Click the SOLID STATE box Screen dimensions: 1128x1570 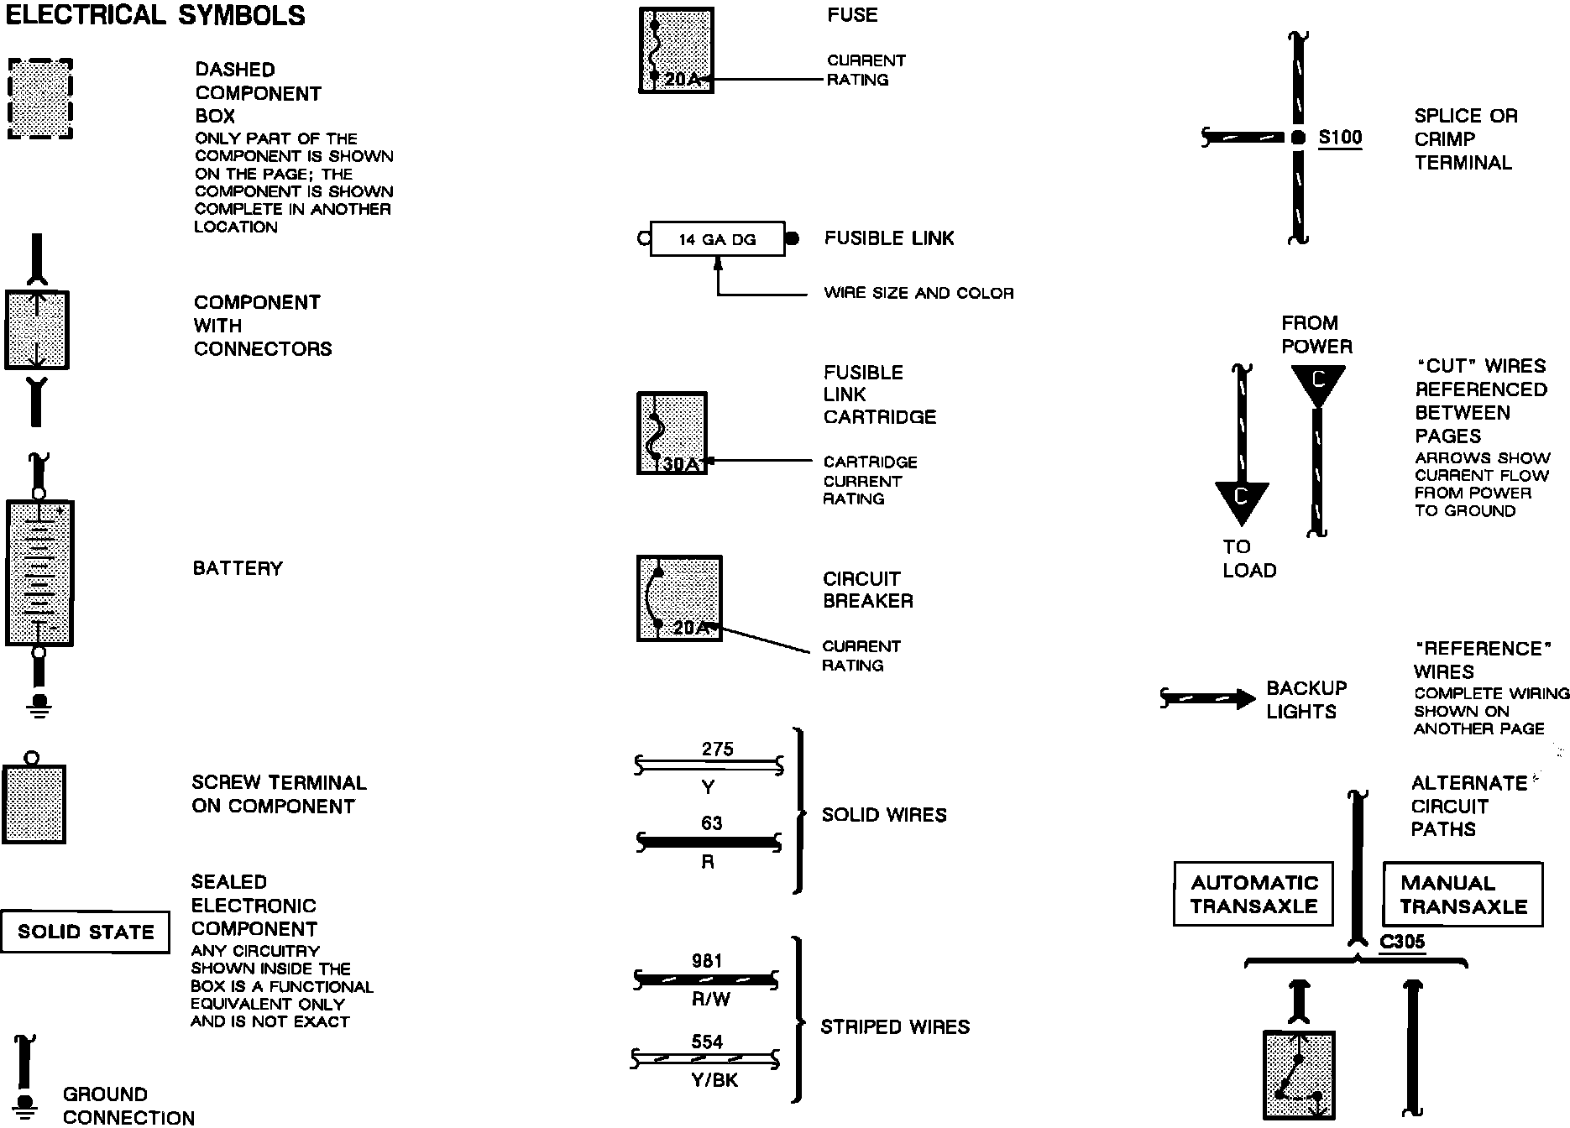pos(85,932)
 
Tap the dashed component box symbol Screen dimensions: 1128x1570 pos(39,99)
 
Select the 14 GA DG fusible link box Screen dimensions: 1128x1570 pos(717,239)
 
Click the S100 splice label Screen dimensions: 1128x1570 pos(1340,138)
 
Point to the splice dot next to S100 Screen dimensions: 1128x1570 pos(1298,138)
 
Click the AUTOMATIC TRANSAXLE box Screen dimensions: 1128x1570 pos(1253,894)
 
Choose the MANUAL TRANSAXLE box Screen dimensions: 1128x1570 pos(1463,895)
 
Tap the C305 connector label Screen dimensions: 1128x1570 pos(1402,942)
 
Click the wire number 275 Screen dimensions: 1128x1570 pos(717,749)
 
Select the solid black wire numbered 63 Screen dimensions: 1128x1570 pos(709,842)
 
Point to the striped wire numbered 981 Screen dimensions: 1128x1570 pos(706,979)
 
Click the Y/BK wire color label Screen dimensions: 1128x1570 pos(714,1080)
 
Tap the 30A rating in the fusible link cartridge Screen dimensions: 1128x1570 pos(681,463)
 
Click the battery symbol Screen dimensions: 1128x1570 pos(39,573)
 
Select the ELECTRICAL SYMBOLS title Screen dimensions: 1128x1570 pos(155,15)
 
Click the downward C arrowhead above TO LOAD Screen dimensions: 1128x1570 pos(1241,501)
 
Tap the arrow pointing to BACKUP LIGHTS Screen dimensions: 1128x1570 pos(1209,698)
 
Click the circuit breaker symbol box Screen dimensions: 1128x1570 pos(679,598)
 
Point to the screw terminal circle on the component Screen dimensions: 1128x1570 pos(31,757)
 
